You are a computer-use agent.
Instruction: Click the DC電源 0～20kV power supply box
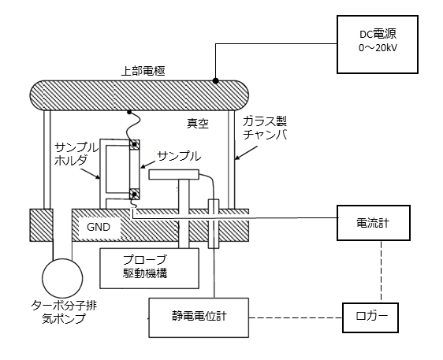click(377, 45)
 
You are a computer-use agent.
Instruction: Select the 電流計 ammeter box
click(373, 223)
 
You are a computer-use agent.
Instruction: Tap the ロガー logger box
click(370, 317)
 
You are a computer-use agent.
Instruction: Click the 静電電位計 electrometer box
click(199, 317)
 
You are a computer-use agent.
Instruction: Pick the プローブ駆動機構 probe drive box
click(150, 269)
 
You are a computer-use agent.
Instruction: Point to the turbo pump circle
click(62, 277)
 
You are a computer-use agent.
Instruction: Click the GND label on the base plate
click(99, 228)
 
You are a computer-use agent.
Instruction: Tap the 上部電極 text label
click(143, 71)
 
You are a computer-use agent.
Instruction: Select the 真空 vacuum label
click(198, 124)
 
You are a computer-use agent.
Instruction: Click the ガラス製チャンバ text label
click(265, 128)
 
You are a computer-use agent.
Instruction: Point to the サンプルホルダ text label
click(76, 154)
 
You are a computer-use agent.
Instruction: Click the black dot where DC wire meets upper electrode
click(216, 81)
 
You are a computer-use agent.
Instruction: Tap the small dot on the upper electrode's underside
click(129, 112)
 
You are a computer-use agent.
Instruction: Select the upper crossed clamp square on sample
click(135, 145)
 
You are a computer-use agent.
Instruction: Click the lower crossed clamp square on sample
click(135, 194)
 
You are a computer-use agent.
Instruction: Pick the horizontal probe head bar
click(173, 175)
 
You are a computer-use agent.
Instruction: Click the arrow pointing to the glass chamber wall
click(246, 153)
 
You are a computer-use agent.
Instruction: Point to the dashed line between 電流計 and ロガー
click(382, 272)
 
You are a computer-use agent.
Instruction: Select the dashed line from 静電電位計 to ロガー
click(296, 318)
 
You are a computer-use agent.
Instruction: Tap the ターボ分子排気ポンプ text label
click(63, 312)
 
